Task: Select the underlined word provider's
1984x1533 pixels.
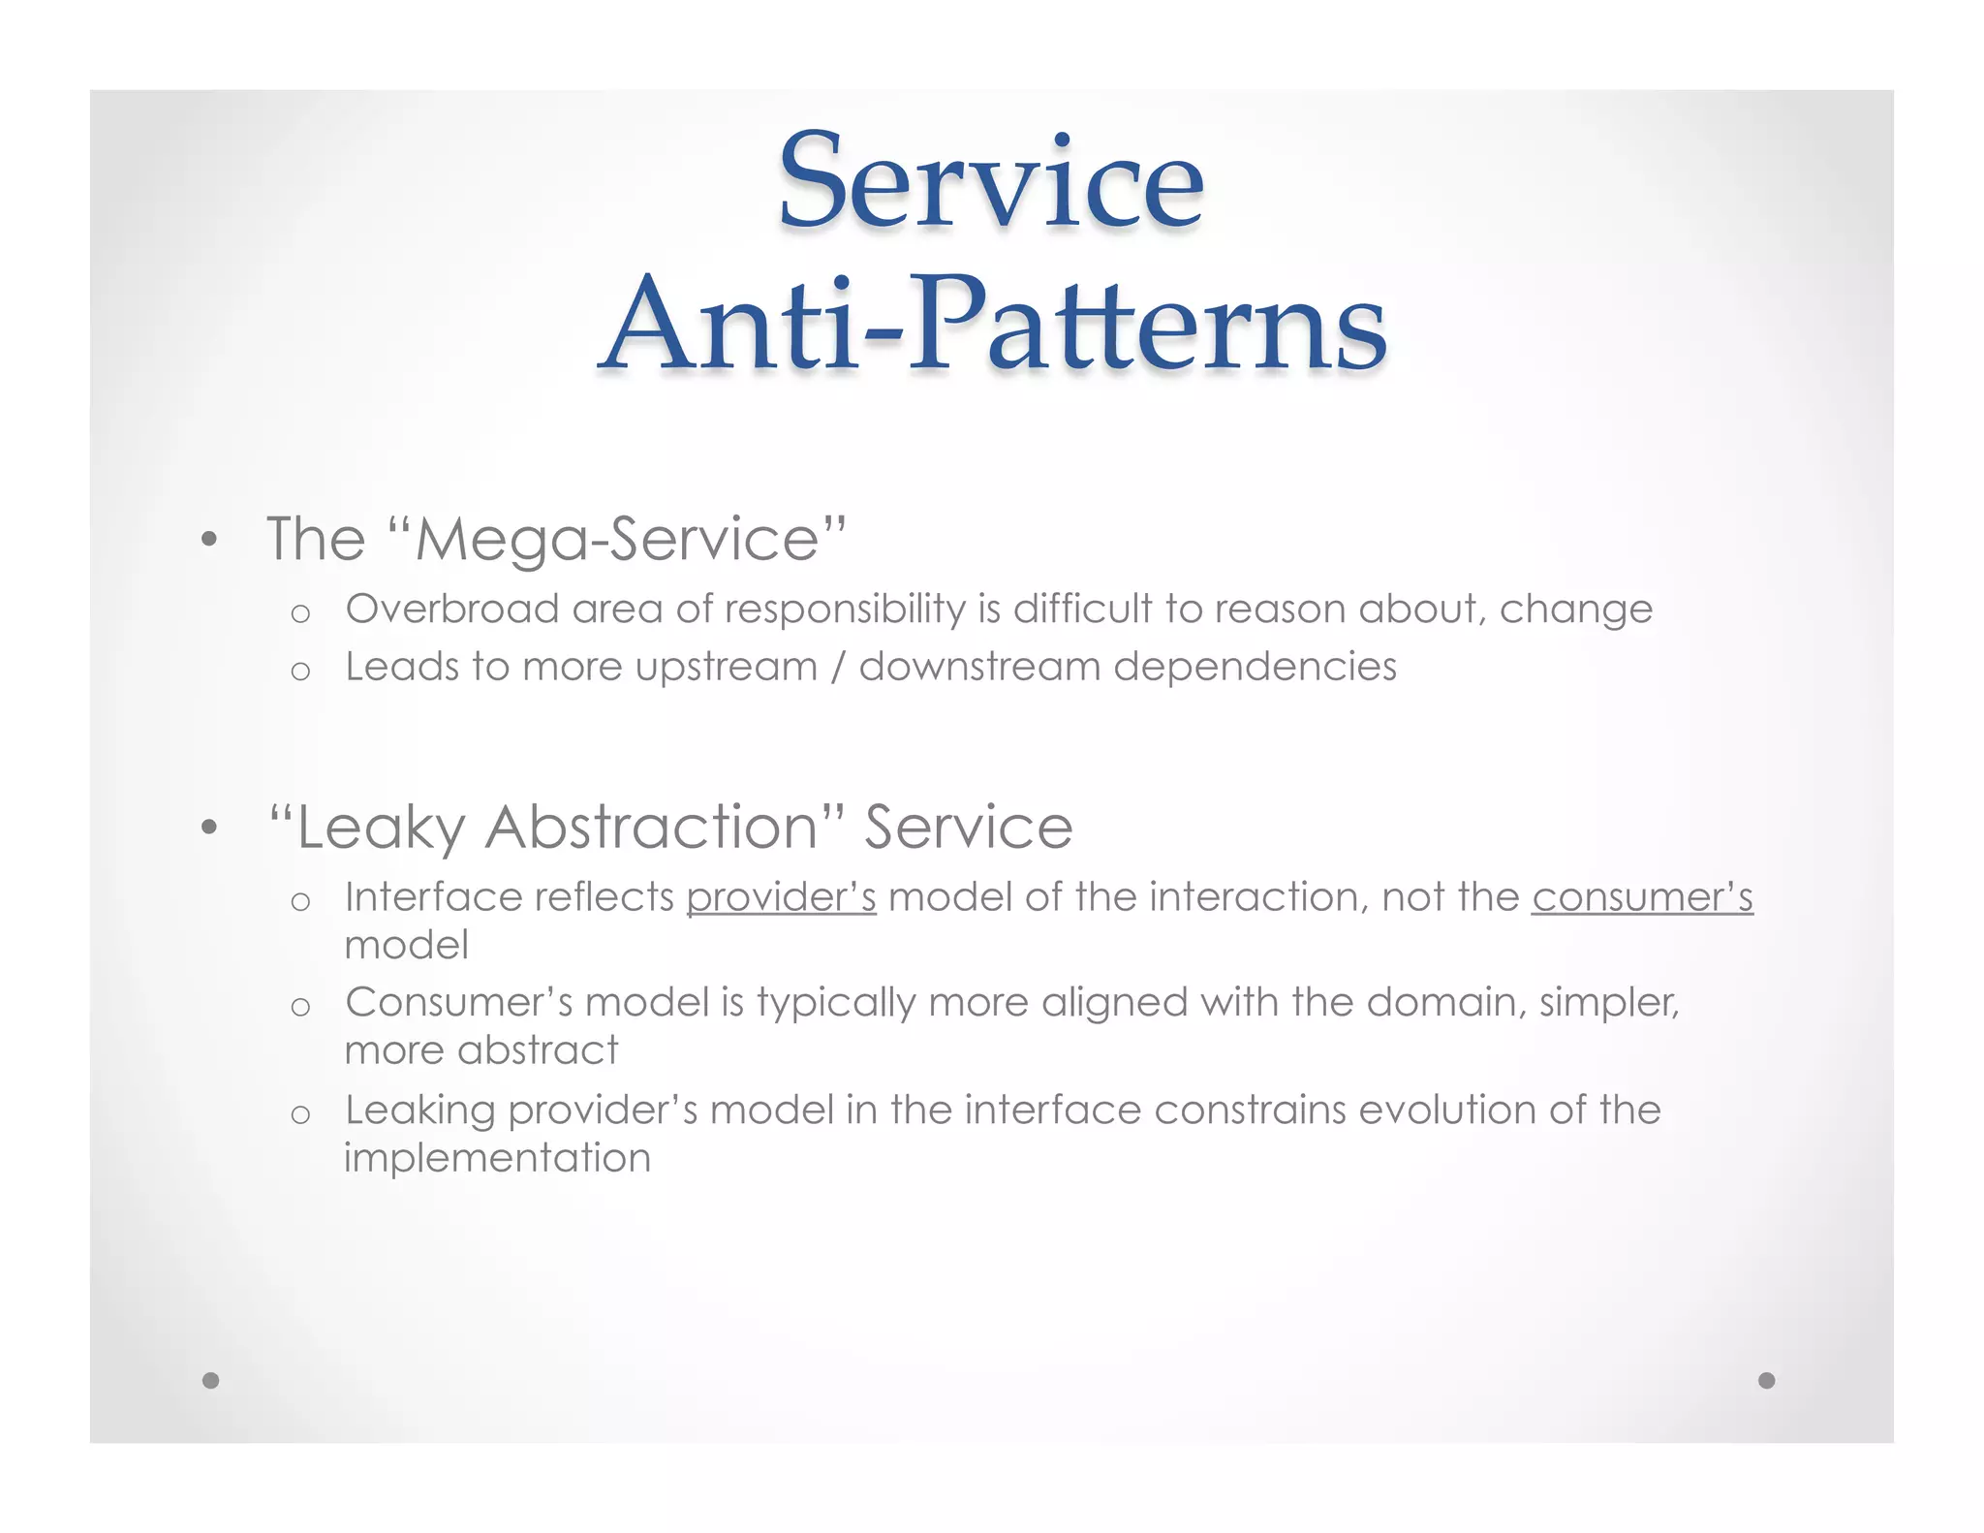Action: click(x=781, y=897)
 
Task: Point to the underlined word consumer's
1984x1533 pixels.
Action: click(x=1642, y=897)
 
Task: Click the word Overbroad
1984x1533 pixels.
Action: click(x=452, y=610)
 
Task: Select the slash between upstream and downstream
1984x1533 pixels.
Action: click(x=839, y=667)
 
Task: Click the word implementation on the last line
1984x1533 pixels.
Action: click(x=498, y=1158)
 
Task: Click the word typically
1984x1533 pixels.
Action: click(x=836, y=1003)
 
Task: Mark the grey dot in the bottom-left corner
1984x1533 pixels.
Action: click(x=211, y=1380)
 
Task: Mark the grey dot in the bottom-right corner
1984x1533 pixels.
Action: click(x=1767, y=1380)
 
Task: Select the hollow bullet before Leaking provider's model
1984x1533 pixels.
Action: click(x=300, y=1114)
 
